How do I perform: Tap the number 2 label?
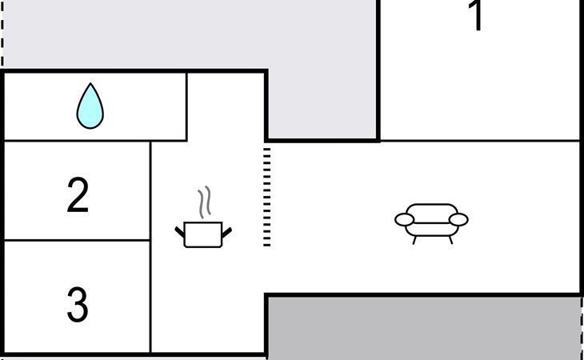[78, 196]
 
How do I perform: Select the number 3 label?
[77, 305]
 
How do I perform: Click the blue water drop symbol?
[90, 106]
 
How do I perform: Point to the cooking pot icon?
[202, 234]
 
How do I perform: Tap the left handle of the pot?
[180, 232]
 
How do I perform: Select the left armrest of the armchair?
[404, 219]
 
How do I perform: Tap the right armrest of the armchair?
[459, 219]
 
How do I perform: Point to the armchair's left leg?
[414, 238]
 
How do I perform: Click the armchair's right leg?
[450, 238]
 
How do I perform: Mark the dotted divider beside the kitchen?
[267, 196]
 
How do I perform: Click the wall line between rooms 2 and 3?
[78, 240]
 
